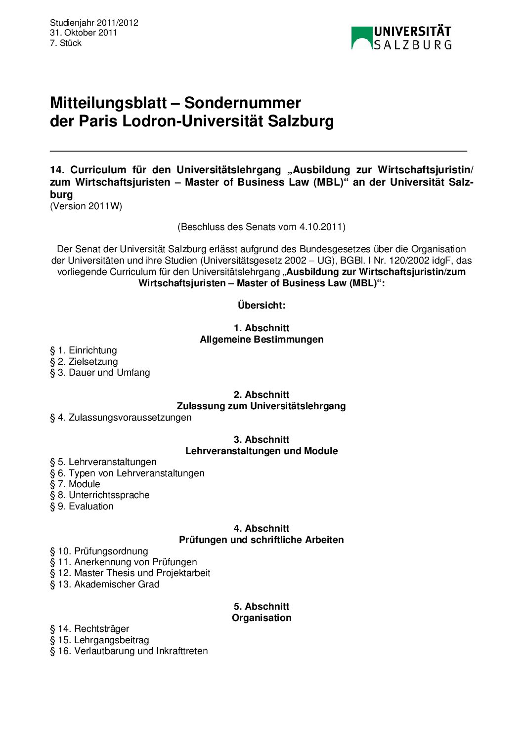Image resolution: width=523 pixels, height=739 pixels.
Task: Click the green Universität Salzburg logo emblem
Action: [x=361, y=38]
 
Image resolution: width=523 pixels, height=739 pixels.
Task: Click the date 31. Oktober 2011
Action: [x=84, y=33]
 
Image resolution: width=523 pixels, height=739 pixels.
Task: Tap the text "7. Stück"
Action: [x=66, y=43]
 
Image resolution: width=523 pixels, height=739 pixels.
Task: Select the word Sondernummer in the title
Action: [x=242, y=103]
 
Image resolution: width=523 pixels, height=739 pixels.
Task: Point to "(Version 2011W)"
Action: [x=86, y=206]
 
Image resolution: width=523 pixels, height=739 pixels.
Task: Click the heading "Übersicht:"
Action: [x=261, y=305]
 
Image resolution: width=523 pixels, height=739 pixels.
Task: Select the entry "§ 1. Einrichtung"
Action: [x=84, y=350]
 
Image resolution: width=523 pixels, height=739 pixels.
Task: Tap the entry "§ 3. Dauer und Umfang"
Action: [x=100, y=372]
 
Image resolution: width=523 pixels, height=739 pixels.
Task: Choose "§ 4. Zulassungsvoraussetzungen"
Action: [x=121, y=417]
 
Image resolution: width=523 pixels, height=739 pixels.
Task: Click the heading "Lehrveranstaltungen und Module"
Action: [x=261, y=451]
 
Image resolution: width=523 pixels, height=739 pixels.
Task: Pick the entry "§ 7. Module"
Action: [x=75, y=484]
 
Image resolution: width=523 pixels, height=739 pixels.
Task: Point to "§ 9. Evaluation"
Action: [x=82, y=506]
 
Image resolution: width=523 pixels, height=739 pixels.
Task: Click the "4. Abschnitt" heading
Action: [x=261, y=528]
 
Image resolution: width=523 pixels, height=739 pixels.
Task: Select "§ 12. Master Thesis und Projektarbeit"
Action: [x=130, y=573]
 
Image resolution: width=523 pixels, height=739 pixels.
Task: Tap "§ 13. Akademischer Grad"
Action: [x=105, y=584]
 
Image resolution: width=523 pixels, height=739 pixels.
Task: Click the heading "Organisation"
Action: [x=261, y=618]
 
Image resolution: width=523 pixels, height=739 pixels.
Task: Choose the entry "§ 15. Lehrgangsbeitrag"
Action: [x=99, y=640]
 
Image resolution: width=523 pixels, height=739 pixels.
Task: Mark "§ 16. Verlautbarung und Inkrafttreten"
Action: [x=129, y=651]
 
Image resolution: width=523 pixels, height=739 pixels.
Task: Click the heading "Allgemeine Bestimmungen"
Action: [x=261, y=339]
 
